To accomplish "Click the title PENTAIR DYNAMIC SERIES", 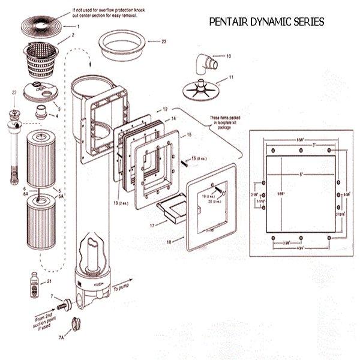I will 267,22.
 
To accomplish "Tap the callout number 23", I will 164,41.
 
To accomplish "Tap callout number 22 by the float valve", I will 14,92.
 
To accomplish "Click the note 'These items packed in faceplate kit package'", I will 227,121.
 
